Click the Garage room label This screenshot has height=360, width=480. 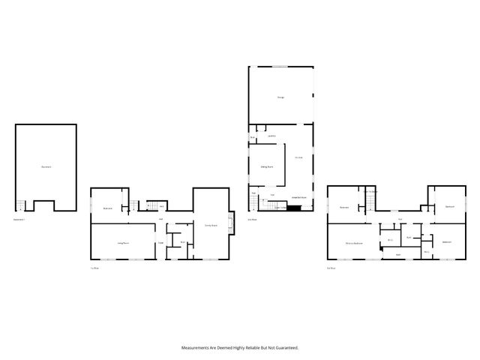pyautogui.click(x=280, y=97)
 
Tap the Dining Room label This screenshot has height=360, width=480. pyautogui.click(x=266, y=166)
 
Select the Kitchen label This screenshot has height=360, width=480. pyautogui.click(x=298, y=157)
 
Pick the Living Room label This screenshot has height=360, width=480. pyautogui.click(x=123, y=242)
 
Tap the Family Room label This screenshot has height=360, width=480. pyautogui.click(x=211, y=225)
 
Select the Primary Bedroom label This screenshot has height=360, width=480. pyautogui.click(x=354, y=244)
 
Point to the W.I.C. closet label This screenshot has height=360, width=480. pyautogui.click(x=391, y=240)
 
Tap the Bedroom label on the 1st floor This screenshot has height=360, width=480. pyautogui.click(x=108, y=208)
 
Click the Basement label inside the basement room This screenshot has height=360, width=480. pyautogui.click(x=46, y=166)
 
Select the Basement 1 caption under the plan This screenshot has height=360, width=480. pyautogui.click(x=19, y=220)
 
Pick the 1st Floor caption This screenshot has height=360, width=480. pyautogui.click(x=95, y=268)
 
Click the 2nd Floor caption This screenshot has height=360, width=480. pyautogui.click(x=252, y=220)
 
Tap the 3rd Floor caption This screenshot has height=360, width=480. pyautogui.click(x=331, y=268)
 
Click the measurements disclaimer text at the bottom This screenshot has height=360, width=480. pyautogui.click(x=240, y=347)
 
